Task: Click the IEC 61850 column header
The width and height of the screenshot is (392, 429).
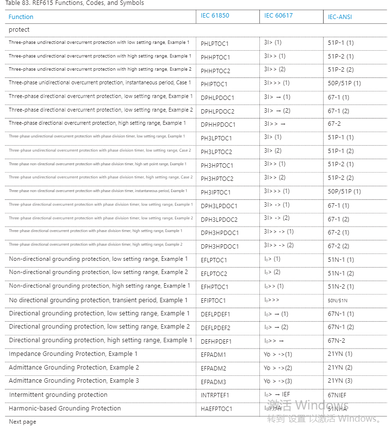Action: tap(215, 16)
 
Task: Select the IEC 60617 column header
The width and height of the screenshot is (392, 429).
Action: tap(278, 16)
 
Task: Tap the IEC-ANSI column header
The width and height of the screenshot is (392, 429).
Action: tap(340, 17)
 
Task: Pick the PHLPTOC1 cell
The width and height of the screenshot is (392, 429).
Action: tap(215, 43)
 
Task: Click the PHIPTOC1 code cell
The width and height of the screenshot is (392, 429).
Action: tap(214, 84)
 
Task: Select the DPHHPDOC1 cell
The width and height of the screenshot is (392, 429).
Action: tap(218, 124)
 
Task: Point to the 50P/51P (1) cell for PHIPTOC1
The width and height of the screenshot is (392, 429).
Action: tap(344, 83)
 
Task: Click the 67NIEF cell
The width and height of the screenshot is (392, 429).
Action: tap(337, 395)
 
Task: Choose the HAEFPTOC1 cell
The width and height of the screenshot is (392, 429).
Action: tap(216, 409)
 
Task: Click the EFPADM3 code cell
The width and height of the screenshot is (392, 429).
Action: tap(214, 381)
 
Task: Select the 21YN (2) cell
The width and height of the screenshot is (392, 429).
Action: tap(340, 368)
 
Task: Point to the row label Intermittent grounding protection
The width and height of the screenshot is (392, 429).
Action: tap(58, 395)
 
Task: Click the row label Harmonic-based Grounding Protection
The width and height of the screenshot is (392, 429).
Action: tap(65, 409)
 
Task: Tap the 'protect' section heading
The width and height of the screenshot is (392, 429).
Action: tap(19, 30)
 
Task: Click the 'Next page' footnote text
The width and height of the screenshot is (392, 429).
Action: tap(22, 422)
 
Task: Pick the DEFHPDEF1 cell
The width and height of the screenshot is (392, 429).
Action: tap(216, 341)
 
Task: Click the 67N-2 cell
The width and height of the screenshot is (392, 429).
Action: tap(336, 341)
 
